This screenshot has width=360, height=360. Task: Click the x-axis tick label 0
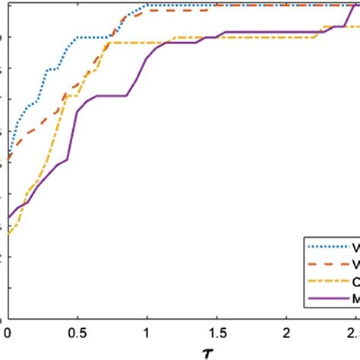click(x=8, y=332)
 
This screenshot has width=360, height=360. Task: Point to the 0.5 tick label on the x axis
click(x=77, y=332)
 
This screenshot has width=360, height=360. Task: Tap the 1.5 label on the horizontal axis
click(x=216, y=332)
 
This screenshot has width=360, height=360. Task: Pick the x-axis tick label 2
click(x=286, y=332)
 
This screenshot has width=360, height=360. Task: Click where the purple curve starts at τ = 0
click(x=8, y=217)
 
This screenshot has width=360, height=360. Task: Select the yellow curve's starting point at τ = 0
click(x=8, y=234)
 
